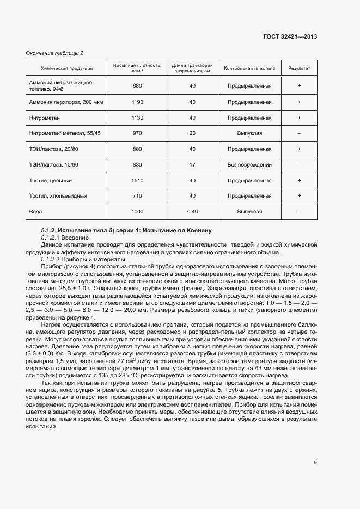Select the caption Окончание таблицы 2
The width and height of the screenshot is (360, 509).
55,53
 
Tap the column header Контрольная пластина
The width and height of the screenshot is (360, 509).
249,69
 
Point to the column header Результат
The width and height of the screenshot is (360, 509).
299,69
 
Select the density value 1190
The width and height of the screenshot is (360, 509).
137,102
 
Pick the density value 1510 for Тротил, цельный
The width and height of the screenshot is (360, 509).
137,180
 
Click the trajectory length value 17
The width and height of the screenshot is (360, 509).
192,164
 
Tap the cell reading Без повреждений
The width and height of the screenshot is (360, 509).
249,164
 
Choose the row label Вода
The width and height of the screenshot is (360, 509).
35,211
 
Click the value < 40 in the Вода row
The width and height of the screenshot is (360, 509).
192,211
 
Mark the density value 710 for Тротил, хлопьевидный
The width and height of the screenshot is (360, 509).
137,195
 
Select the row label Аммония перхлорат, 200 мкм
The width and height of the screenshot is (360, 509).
62,102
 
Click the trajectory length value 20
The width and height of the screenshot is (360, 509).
192,133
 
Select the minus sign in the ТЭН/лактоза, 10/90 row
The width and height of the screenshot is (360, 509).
299,164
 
